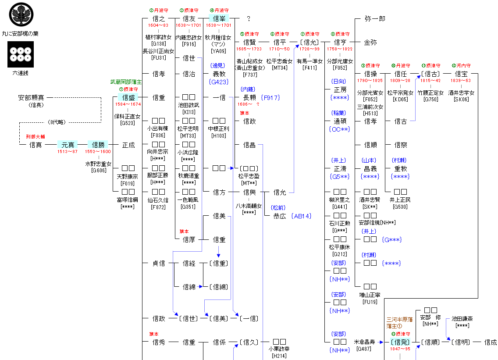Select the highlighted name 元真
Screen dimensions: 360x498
(x=68, y=145)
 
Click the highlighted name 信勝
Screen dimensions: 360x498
(x=98, y=145)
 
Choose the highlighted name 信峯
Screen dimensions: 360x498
(x=219, y=18)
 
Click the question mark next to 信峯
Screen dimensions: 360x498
(x=249, y=19)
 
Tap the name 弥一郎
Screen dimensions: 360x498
(x=375, y=19)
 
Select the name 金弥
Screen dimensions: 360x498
(x=370, y=43)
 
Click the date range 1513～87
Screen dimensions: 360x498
(x=68, y=152)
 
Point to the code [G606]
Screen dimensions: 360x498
(x=98, y=170)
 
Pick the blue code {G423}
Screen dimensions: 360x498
(x=219, y=81)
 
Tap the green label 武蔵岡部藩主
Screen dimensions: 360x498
(x=126, y=82)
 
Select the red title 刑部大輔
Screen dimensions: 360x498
(x=36, y=137)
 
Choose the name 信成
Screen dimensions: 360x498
(x=491, y=342)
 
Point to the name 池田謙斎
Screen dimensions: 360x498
(x=462, y=319)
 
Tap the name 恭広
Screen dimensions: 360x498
(x=279, y=216)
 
